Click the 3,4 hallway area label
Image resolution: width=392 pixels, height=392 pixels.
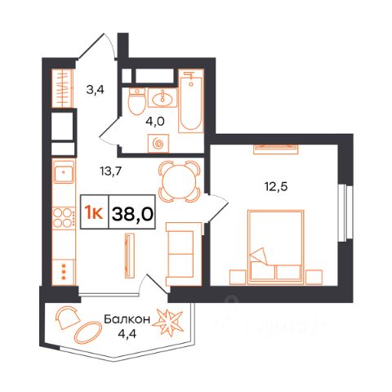(x=95, y=89)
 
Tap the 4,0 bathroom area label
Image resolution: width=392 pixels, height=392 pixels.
(x=155, y=121)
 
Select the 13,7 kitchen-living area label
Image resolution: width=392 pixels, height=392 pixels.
(x=110, y=171)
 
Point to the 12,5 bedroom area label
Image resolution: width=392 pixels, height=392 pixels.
(x=276, y=187)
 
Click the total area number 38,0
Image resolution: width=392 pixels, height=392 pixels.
(x=132, y=214)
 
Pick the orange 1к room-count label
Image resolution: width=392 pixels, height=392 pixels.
(x=93, y=213)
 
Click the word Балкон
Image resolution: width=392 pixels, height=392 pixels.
(x=127, y=319)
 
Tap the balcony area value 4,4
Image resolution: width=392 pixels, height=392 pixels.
(x=127, y=333)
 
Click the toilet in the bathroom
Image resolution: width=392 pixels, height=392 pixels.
(x=136, y=101)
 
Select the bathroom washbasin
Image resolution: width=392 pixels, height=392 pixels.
(x=163, y=98)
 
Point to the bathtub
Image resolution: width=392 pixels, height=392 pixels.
(x=191, y=100)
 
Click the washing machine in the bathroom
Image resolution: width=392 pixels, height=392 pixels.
(x=158, y=144)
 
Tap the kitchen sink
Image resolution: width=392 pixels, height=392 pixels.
(x=64, y=171)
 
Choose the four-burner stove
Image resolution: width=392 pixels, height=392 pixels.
(x=64, y=217)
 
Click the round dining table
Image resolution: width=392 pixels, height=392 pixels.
(x=180, y=181)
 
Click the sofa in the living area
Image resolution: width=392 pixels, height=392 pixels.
(x=184, y=254)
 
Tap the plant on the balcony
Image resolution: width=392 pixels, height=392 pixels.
(x=167, y=323)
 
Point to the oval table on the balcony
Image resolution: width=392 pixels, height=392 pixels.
(x=88, y=332)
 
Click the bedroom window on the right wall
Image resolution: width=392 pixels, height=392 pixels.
(x=345, y=212)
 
